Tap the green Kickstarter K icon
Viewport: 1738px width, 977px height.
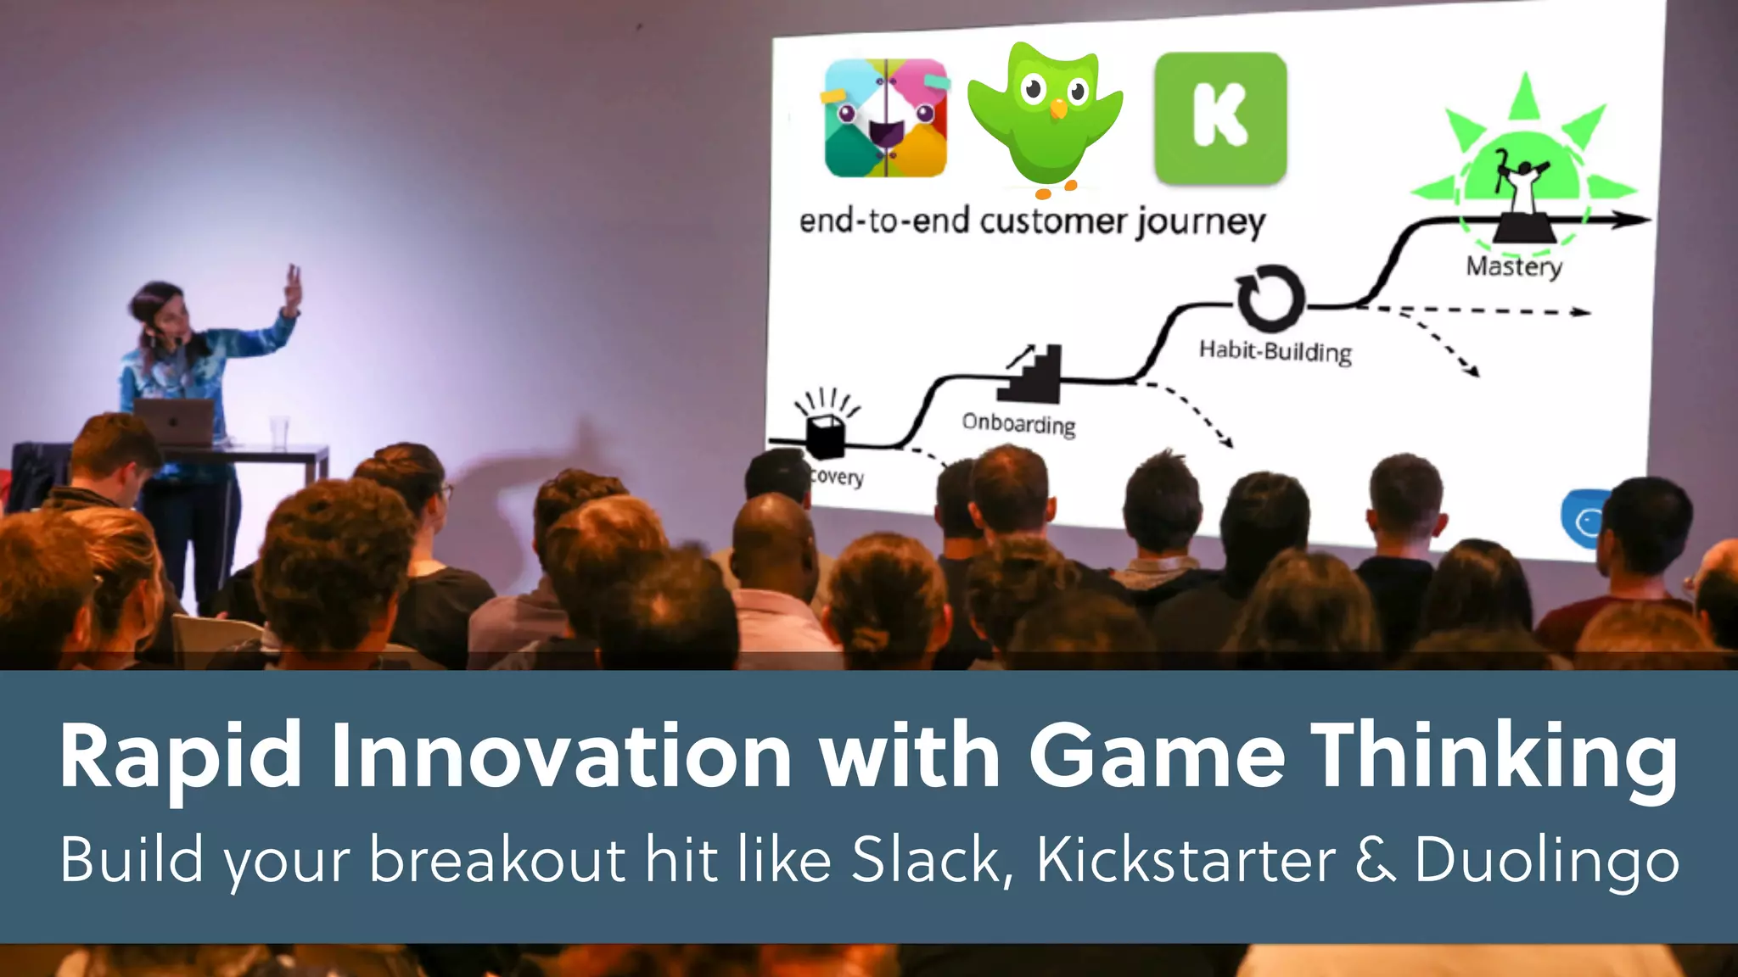1220,117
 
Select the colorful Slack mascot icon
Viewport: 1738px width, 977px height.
885,117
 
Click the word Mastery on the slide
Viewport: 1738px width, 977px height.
1514,267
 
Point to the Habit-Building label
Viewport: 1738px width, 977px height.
1275,351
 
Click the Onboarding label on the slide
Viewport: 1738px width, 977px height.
1018,423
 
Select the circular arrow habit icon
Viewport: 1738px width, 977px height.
1270,298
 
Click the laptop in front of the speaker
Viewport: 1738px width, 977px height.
175,421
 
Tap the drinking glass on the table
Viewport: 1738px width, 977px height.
279,432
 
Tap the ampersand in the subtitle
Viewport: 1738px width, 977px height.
1376,860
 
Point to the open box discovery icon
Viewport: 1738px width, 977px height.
825,433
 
